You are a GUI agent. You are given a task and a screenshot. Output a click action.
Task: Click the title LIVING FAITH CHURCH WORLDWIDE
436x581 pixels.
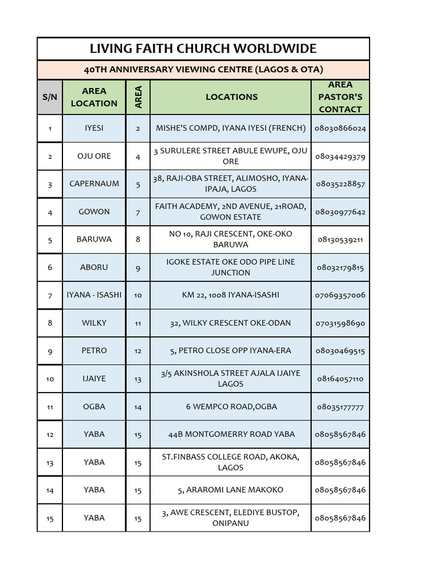pyautogui.click(x=203, y=48)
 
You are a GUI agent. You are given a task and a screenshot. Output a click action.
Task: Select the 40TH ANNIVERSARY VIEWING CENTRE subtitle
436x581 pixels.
pyautogui.click(x=203, y=70)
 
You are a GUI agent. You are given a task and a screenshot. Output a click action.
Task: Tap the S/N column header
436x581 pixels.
pyautogui.click(x=50, y=97)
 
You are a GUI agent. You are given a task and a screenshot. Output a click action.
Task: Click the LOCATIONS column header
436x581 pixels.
pyautogui.click(x=231, y=97)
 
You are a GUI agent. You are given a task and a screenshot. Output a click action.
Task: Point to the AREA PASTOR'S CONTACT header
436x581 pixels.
pyautogui.click(x=340, y=97)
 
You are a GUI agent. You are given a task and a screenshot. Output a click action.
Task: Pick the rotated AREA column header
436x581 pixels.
pyautogui.click(x=138, y=97)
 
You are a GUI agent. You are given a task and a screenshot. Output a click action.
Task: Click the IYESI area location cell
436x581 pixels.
pyautogui.click(x=94, y=128)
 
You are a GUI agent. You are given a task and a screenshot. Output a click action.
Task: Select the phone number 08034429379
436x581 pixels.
pyautogui.click(x=340, y=156)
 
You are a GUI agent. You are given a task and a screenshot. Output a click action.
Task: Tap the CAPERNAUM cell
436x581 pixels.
pyautogui.click(x=94, y=184)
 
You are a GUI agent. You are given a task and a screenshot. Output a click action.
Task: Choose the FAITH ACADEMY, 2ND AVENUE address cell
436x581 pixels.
pyautogui.click(x=230, y=212)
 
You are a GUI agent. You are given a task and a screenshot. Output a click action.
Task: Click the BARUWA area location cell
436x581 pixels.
pyautogui.click(x=94, y=239)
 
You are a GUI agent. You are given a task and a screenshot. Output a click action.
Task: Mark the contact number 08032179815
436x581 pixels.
pyautogui.click(x=340, y=267)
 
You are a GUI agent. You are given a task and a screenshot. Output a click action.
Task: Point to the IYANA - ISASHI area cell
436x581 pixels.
pyautogui.click(x=94, y=295)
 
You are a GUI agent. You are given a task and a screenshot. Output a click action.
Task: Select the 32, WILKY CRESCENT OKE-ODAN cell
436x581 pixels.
pyautogui.click(x=230, y=323)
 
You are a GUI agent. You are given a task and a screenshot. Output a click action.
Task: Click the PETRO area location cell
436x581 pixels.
pyautogui.click(x=94, y=351)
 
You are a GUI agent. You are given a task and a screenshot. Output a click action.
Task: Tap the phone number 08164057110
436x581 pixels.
pyautogui.click(x=340, y=378)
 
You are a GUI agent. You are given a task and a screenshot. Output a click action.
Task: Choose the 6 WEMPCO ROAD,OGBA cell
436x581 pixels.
pyautogui.click(x=230, y=406)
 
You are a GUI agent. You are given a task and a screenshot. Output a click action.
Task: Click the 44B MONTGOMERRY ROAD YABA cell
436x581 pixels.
pyautogui.click(x=230, y=434)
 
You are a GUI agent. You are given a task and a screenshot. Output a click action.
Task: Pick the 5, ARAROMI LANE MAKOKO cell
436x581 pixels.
pyautogui.click(x=230, y=490)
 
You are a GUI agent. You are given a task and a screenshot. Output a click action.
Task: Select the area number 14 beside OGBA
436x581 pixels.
pyautogui.click(x=138, y=407)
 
